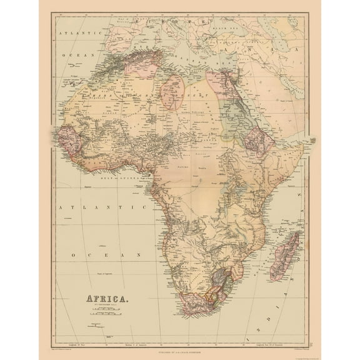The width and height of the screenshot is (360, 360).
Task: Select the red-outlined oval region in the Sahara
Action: tap(172, 91)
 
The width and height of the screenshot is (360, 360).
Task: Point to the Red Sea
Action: tap(250, 106)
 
